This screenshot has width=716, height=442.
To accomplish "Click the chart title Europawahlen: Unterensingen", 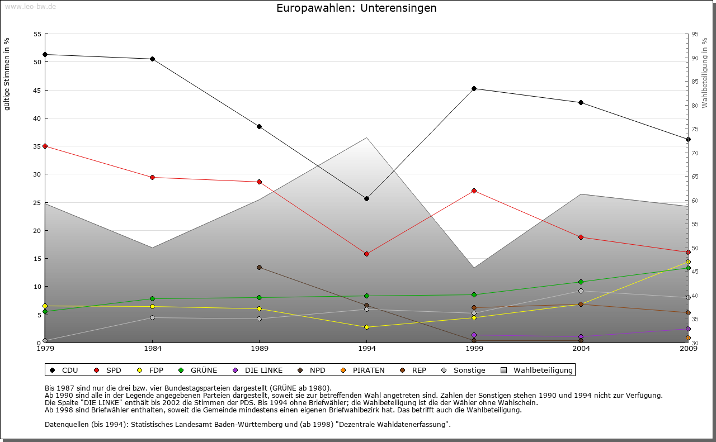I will (356, 8).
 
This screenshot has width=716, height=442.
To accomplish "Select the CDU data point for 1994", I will (366, 198).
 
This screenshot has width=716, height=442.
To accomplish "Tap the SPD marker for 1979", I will (45, 146).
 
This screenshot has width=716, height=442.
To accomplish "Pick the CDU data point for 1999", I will (474, 88).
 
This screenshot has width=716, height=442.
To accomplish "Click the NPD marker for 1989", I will (259, 267).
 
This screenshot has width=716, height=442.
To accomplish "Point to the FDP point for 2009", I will (688, 262).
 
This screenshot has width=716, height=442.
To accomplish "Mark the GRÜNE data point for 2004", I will (581, 282).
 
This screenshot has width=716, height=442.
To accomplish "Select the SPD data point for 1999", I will (474, 191).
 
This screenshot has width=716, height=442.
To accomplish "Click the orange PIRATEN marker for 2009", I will (688, 338).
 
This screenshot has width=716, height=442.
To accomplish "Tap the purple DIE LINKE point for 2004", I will (581, 336).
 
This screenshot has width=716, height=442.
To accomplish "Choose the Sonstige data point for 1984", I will (152, 317).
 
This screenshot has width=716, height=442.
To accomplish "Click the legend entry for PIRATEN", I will (363, 370).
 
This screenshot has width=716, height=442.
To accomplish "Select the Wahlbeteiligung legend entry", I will (537, 370).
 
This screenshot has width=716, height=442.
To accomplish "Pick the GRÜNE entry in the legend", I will (198, 370).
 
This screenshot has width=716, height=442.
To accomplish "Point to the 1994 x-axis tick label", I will (367, 349).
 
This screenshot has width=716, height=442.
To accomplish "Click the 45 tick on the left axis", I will (37, 90).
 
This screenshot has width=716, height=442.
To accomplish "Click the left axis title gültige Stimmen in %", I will (7, 74).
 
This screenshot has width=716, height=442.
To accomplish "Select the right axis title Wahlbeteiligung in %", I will (705, 73).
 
